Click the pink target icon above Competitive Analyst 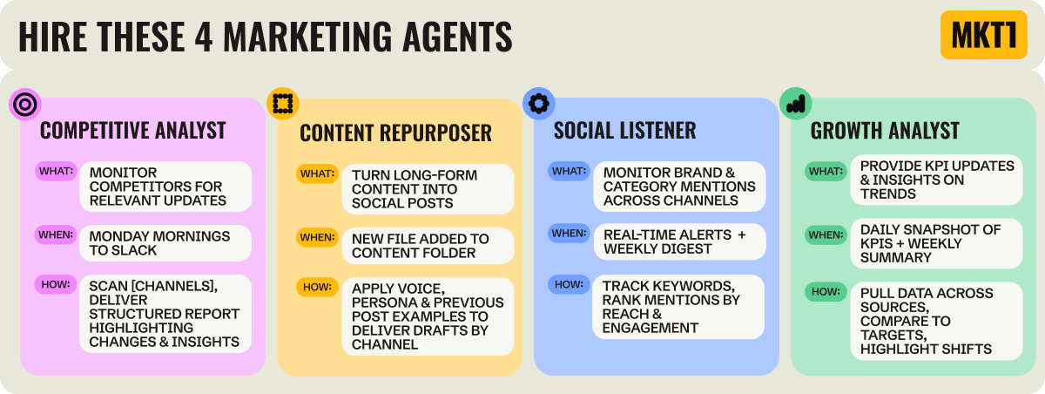pos(25,105)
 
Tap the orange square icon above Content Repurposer pos(282,104)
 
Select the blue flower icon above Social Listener pos(538,103)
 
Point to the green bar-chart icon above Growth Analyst pos(795,104)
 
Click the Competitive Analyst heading pos(133,131)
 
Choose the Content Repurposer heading pos(395,132)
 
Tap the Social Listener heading pos(624,131)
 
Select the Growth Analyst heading pos(885,131)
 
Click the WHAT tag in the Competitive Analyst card pos(56,171)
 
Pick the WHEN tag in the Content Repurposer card pos(316,238)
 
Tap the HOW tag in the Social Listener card pos(569,284)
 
